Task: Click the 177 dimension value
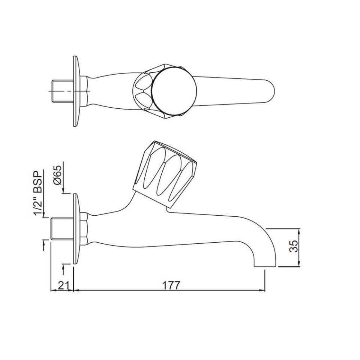(x=171, y=285)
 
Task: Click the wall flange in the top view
(x=76, y=91)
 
